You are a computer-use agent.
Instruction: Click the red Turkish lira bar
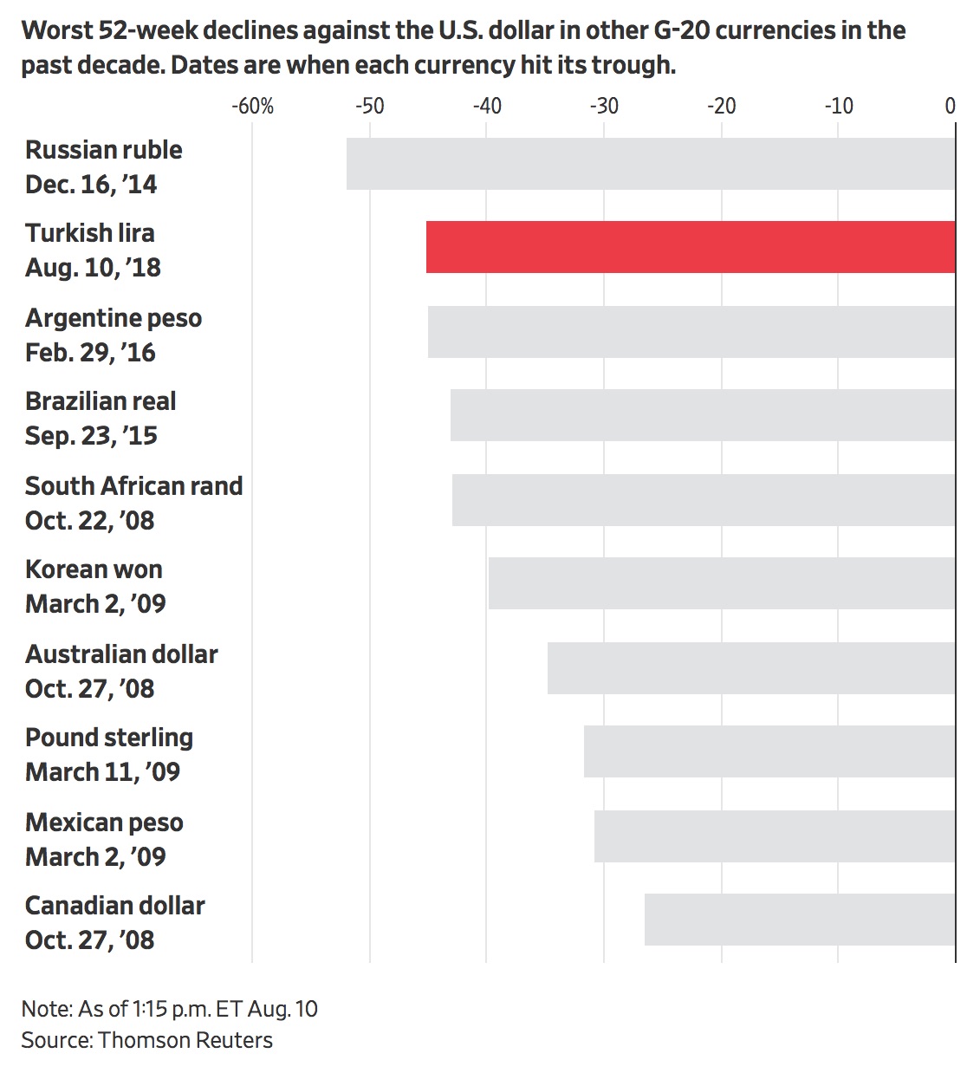click(x=690, y=247)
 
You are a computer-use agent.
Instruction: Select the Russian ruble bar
click(x=650, y=164)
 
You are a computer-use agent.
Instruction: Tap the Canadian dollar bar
click(x=799, y=920)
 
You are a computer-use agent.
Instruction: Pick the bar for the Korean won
click(x=721, y=583)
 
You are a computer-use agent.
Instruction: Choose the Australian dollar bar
click(x=750, y=668)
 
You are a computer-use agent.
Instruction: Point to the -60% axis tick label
click(x=252, y=107)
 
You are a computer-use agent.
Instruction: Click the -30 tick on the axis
click(x=604, y=107)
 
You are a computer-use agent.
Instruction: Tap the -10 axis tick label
click(x=838, y=107)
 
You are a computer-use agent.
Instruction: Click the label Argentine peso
click(x=114, y=318)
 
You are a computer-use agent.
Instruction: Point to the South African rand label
click(x=133, y=486)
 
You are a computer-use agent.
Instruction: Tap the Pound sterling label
click(x=109, y=738)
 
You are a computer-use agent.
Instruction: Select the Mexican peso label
click(x=104, y=823)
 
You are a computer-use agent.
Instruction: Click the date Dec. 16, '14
click(x=91, y=185)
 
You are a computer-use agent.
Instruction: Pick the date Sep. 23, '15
click(x=91, y=436)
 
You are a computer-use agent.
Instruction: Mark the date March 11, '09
click(x=102, y=772)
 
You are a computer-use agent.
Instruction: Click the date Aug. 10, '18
click(x=93, y=268)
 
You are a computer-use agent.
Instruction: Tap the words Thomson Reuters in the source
click(x=185, y=1040)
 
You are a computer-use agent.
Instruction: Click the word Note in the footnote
click(x=45, y=1009)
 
